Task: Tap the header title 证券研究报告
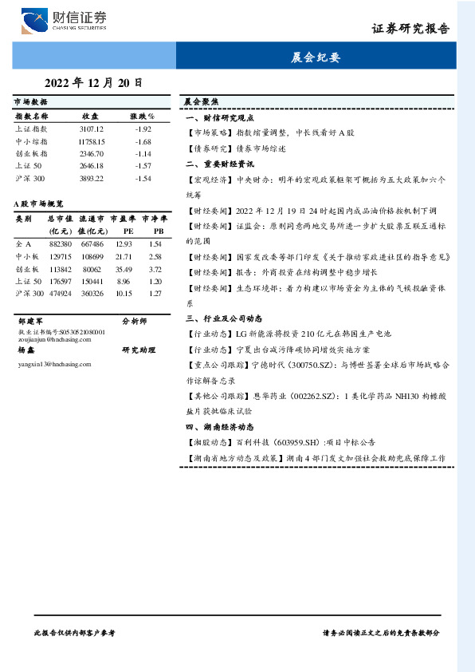[410, 30]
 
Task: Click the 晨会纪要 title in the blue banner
[316, 57]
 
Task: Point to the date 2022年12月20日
[94, 81]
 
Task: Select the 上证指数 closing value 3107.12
[92, 128]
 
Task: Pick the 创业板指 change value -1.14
[143, 153]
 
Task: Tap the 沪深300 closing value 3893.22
[92, 178]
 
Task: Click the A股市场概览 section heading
[44, 204]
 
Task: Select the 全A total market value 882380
[61, 243]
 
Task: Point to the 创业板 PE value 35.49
[124, 269]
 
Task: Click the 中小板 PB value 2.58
[155, 256]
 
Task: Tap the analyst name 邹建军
[29, 321]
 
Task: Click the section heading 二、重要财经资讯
[219, 164]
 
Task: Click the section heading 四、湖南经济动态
[219, 426]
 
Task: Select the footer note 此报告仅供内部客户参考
[75, 632]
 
